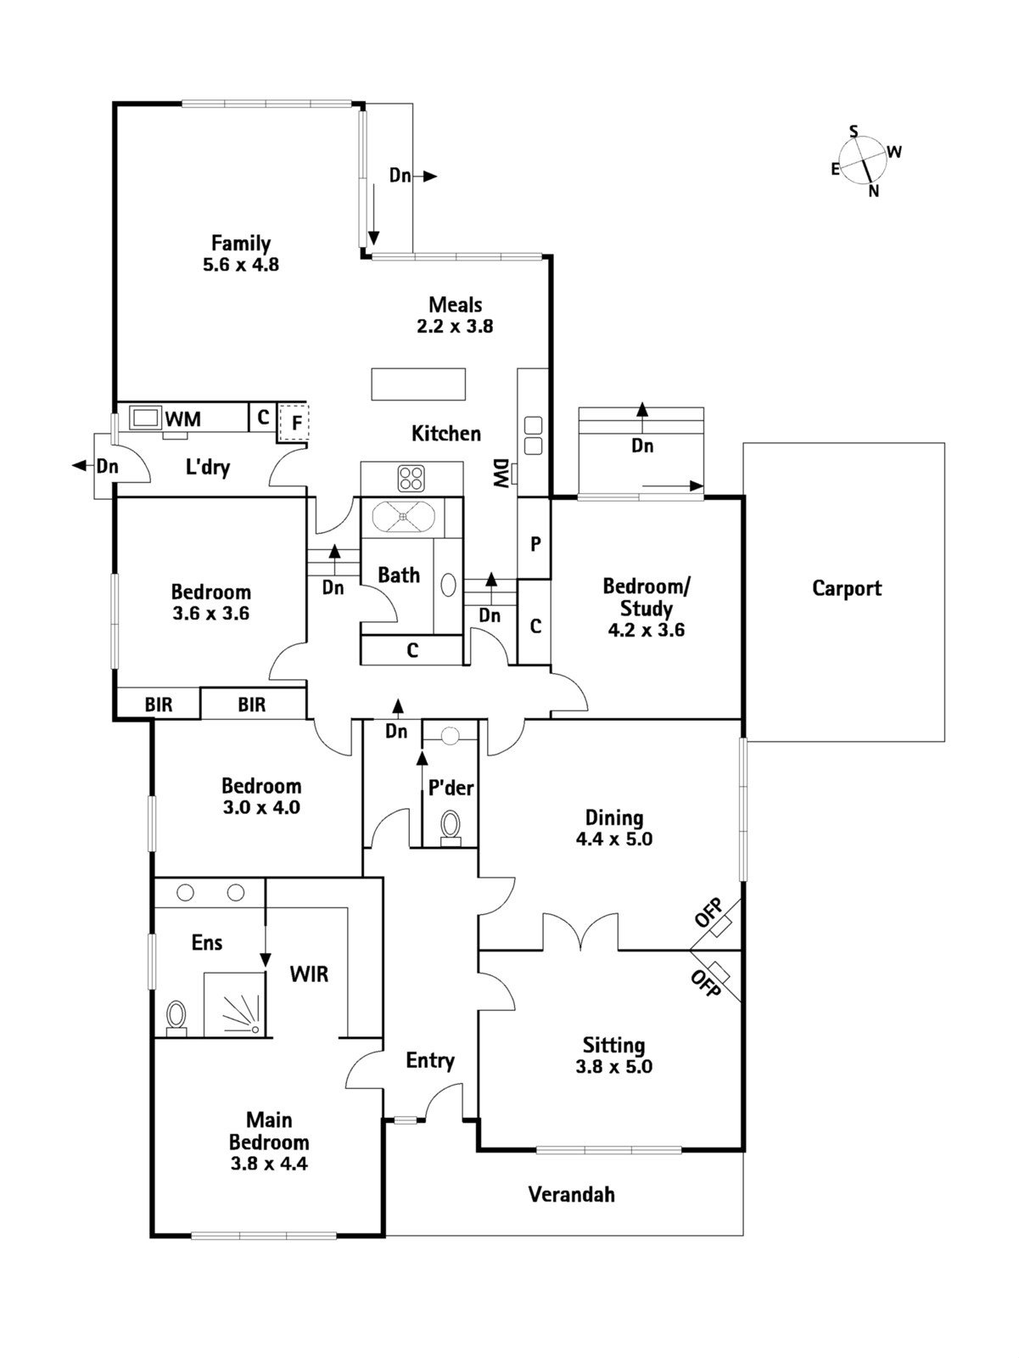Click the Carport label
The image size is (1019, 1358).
(846, 588)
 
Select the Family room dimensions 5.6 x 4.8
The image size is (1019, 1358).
(241, 265)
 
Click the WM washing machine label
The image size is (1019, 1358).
(183, 418)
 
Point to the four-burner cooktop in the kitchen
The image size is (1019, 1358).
(412, 478)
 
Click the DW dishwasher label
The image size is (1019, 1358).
(501, 474)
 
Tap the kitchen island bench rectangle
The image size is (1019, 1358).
(418, 384)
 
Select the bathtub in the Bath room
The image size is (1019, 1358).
(404, 516)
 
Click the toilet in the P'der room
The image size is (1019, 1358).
(451, 825)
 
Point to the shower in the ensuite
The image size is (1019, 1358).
(235, 1005)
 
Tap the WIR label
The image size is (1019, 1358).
(309, 974)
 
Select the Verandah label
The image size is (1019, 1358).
(571, 1194)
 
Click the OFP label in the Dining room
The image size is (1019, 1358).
(708, 913)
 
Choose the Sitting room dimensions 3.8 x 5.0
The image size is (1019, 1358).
(613, 1067)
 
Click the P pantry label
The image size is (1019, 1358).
(535, 544)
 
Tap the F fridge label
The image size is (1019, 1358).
(297, 422)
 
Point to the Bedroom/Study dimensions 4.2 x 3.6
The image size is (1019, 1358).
(647, 630)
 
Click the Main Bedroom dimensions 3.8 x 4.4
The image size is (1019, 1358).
(269, 1164)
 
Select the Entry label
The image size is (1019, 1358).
(429, 1060)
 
